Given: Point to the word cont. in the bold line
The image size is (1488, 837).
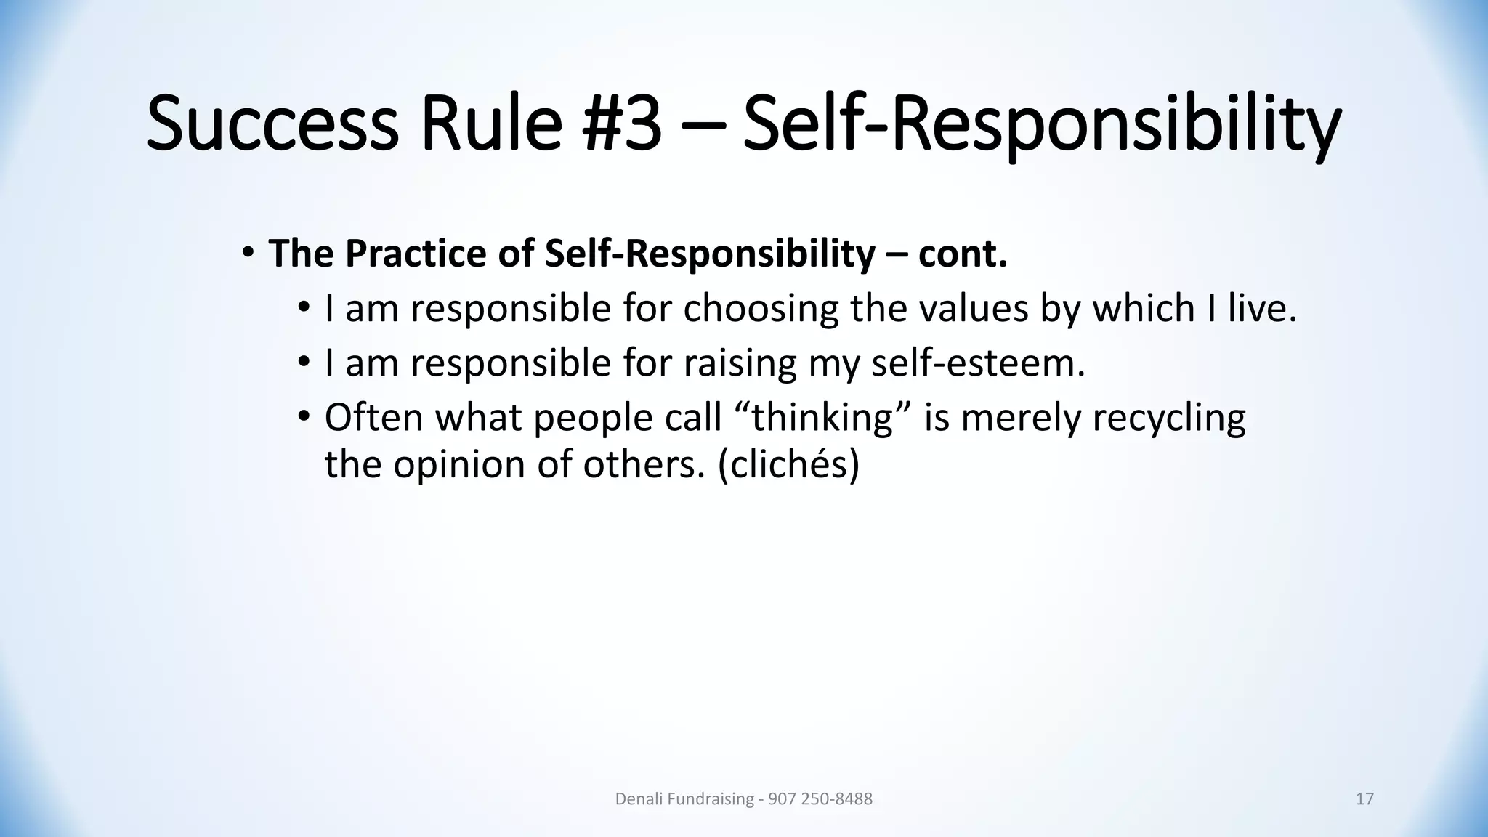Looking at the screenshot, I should pyautogui.click(x=962, y=254).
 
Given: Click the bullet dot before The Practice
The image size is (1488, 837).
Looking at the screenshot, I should pyautogui.click(x=248, y=253).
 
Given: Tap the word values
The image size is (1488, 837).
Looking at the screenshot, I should pyautogui.click(x=974, y=308).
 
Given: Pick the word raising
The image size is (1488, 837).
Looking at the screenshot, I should pyautogui.click(x=740, y=363).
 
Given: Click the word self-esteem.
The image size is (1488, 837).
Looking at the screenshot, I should pyautogui.click(x=977, y=363).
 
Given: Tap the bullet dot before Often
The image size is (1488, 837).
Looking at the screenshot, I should pyautogui.click(x=304, y=416).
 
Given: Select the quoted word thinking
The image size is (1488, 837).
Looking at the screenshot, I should pyautogui.click(x=822, y=417).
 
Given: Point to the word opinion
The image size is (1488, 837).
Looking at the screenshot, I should pyautogui.click(x=459, y=464).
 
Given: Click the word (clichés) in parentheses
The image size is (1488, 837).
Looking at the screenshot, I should pyautogui.click(x=788, y=464).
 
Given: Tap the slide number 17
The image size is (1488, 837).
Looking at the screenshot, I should pyautogui.click(x=1364, y=799).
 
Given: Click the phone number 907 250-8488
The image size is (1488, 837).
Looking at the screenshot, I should pyautogui.click(x=820, y=799).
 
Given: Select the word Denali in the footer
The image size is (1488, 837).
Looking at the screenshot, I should pyautogui.click(x=637, y=799).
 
